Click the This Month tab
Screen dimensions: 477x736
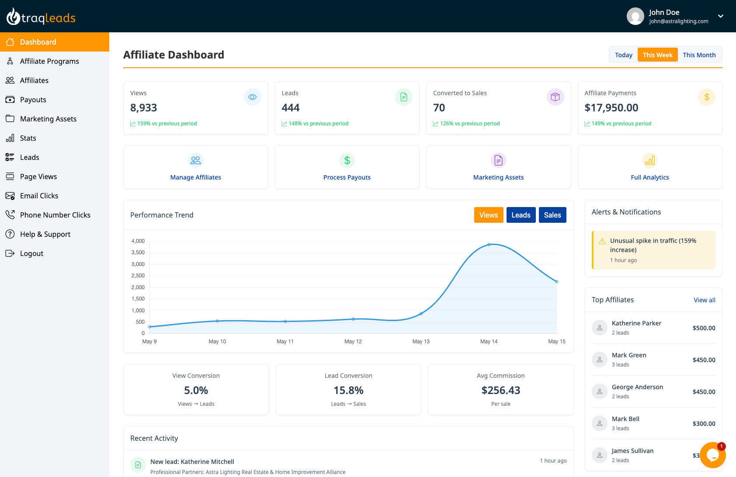(x=699, y=55)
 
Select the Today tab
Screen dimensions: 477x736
(x=623, y=55)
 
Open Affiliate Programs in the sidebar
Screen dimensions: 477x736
(x=49, y=61)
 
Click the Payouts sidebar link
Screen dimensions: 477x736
(x=33, y=100)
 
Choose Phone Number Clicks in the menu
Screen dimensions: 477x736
(x=55, y=215)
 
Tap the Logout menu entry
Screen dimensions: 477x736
(x=31, y=253)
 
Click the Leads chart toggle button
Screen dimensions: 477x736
(x=521, y=215)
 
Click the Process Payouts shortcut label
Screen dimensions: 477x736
(x=347, y=177)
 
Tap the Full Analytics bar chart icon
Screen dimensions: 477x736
(x=649, y=160)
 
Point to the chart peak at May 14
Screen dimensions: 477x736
(x=489, y=245)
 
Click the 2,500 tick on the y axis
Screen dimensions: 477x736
(x=138, y=276)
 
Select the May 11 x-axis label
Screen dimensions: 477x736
(x=285, y=342)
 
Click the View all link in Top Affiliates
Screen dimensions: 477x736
(x=704, y=300)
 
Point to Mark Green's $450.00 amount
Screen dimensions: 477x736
(x=704, y=360)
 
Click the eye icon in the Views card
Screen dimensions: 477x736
(x=252, y=97)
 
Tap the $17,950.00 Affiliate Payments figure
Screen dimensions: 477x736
(x=611, y=108)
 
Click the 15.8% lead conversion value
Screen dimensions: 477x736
(x=348, y=390)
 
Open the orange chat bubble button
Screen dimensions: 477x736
(x=712, y=455)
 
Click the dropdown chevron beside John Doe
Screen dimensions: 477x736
(x=720, y=16)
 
